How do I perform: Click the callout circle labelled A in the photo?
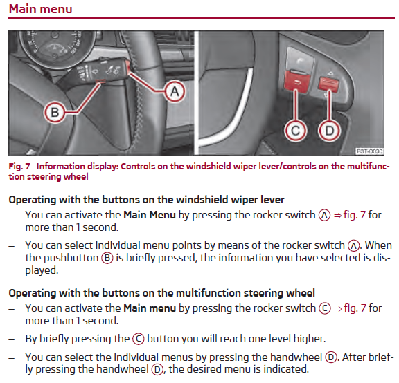click(175, 91)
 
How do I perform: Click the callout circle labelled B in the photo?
click(55, 112)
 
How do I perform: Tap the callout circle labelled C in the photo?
click(295, 131)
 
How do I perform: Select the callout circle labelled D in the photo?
click(330, 131)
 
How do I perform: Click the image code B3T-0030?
click(369, 151)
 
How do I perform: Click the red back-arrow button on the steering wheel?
click(296, 82)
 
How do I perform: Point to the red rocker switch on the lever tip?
click(127, 67)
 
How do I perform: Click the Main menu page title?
click(40, 9)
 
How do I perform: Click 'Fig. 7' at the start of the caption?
click(19, 167)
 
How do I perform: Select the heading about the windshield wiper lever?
click(146, 200)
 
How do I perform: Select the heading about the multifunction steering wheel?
click(162, 293)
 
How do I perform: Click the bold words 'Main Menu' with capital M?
click(150, 215)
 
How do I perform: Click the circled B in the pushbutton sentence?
click(107, 258)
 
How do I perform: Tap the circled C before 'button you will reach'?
click(139, 339)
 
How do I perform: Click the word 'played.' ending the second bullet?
click(42, 270)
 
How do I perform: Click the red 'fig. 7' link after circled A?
click(350, 215)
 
